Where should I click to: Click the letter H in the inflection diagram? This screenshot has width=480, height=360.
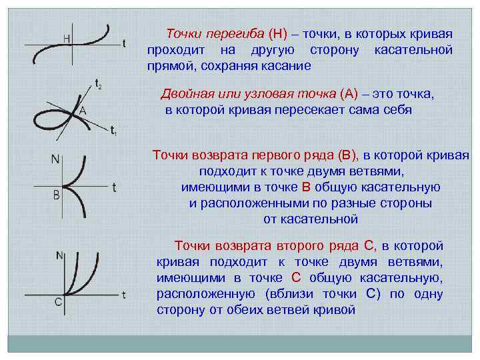[68, 38]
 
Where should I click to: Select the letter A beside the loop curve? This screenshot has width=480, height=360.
[83, 111]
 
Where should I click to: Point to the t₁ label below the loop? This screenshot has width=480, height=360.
[114, 131]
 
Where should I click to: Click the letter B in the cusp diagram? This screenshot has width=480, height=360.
[57, 195]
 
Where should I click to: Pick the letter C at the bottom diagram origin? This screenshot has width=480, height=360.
[59, 302]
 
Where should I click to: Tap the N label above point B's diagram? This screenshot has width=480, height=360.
[56, 159]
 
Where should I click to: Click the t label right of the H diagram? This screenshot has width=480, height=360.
[124, 44]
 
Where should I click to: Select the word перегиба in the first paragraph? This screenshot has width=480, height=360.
[237, 33]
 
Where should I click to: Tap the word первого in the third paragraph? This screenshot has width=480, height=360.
[270, 155]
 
